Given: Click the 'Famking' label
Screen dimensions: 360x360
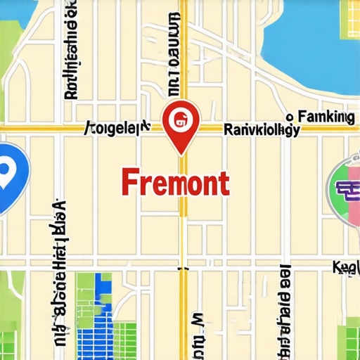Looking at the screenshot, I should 326,117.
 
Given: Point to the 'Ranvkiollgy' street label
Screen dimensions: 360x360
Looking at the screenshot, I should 261,129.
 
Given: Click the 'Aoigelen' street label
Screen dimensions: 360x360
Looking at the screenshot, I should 117,127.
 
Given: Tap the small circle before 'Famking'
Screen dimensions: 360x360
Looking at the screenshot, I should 288,117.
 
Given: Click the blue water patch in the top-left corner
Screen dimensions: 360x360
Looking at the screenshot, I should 14,13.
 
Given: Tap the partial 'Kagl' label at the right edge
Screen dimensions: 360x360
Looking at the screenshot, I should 347,267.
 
